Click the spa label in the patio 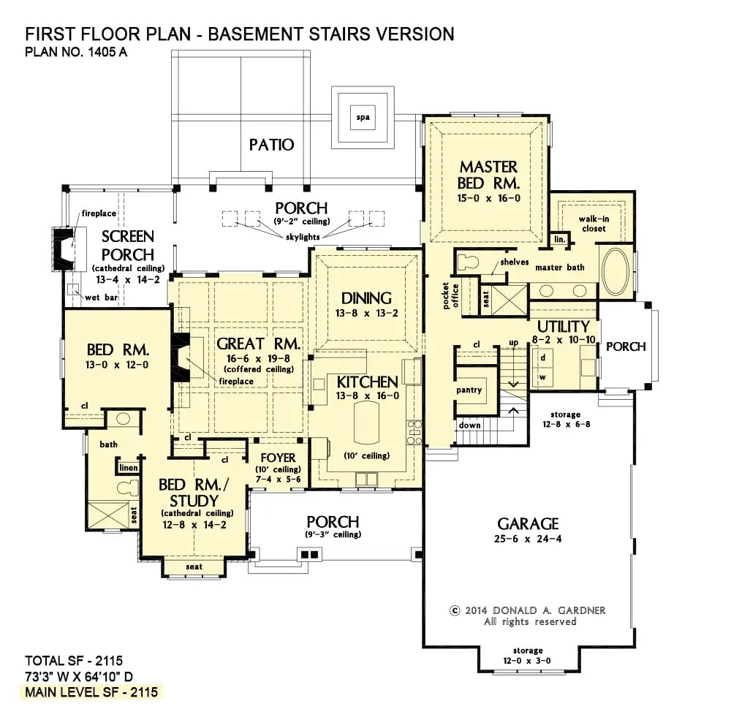pos(362,117)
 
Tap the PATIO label pos(271,145)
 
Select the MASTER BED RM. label pos(488,175)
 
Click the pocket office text pos(450,294)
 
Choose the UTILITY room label pos(563,326)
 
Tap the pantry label pos(469,390)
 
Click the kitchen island pos(368,423)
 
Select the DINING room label pos(367,298)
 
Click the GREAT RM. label pos(259,344)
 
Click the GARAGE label pos(528,523)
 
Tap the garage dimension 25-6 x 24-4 pos(528,539)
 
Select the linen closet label pos(127,467)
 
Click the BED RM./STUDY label pos(189,493)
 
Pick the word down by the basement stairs pos(469,425)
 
